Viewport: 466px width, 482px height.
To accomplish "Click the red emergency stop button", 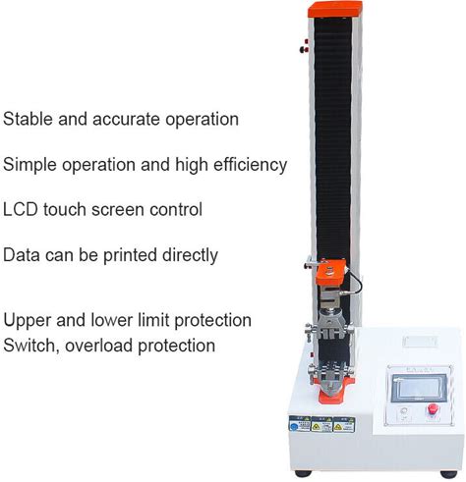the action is [433, 409].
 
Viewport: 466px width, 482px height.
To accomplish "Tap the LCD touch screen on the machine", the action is [419, 388].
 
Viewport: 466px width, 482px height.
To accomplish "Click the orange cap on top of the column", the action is [335, 9].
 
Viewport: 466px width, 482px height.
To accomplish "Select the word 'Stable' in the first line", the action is [28, 119].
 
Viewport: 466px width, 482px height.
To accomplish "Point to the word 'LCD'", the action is [21, 209].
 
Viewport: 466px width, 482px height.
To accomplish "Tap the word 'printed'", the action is [130, 255].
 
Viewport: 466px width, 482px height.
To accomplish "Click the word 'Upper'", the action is [28, 321].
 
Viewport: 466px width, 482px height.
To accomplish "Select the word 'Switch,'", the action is [31, 346].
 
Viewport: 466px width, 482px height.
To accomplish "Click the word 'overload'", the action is [99, 346].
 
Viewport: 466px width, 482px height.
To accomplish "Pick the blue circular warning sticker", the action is [294, 427].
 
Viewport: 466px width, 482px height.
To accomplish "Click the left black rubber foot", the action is [303, 473].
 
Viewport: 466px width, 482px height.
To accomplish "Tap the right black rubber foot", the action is [448, 474].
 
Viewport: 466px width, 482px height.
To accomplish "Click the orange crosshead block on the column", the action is [330, 272].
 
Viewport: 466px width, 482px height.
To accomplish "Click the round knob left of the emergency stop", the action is [404, 411].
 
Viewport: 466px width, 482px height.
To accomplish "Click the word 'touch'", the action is [65, 209].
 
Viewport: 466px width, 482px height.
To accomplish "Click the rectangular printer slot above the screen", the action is [420, 342].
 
